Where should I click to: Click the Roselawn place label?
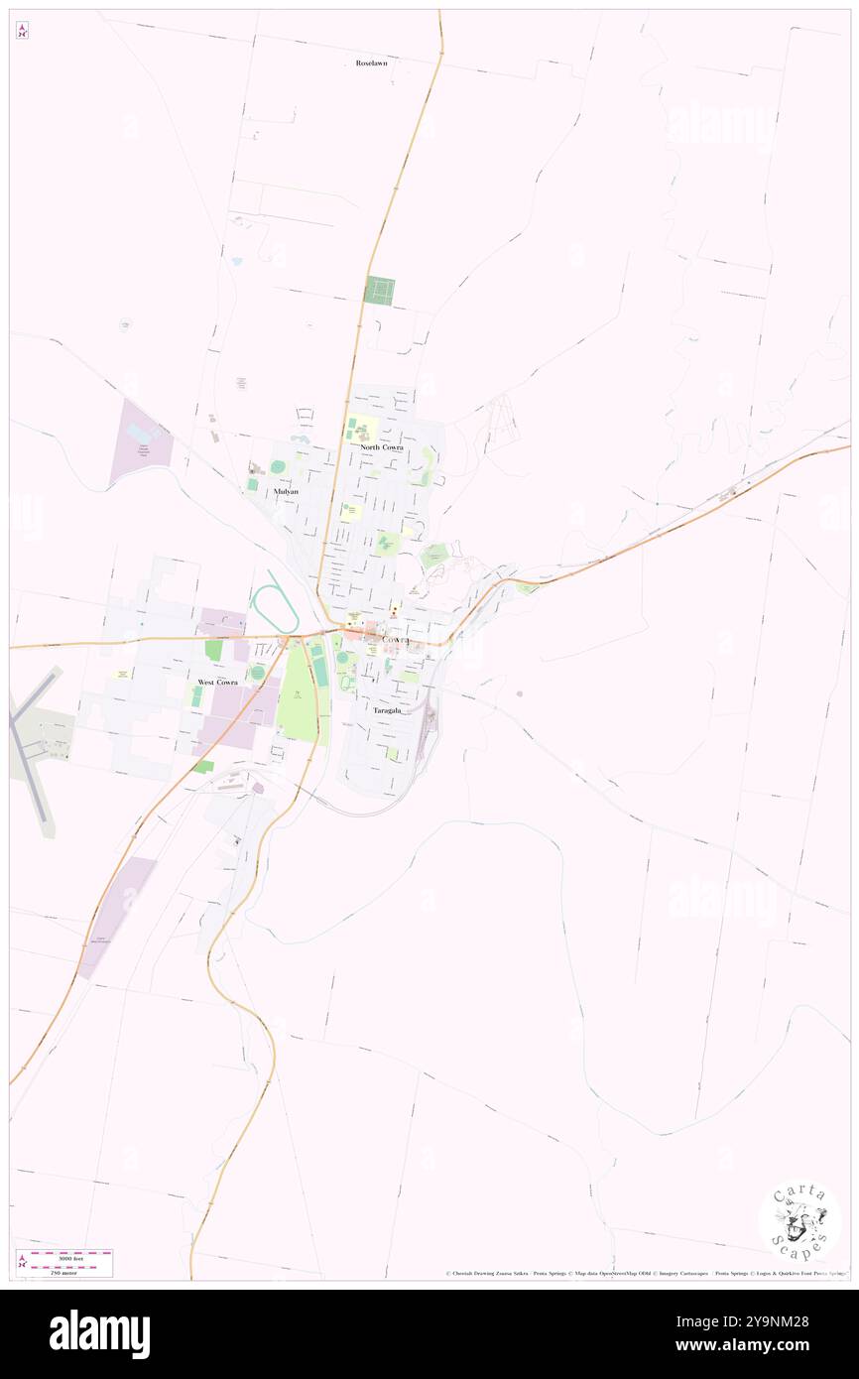tap(372, 63)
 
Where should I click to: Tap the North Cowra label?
tap(382, 447)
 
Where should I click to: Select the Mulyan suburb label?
tap(286, 491)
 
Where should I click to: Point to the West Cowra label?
tap(219, 683)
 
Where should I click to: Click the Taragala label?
tap(388, 710)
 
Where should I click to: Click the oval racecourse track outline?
tap(274, 608)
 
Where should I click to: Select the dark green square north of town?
tap(380, 290)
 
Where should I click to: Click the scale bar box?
tap(64, 1263)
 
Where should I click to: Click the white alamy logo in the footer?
tap(99, 1334)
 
